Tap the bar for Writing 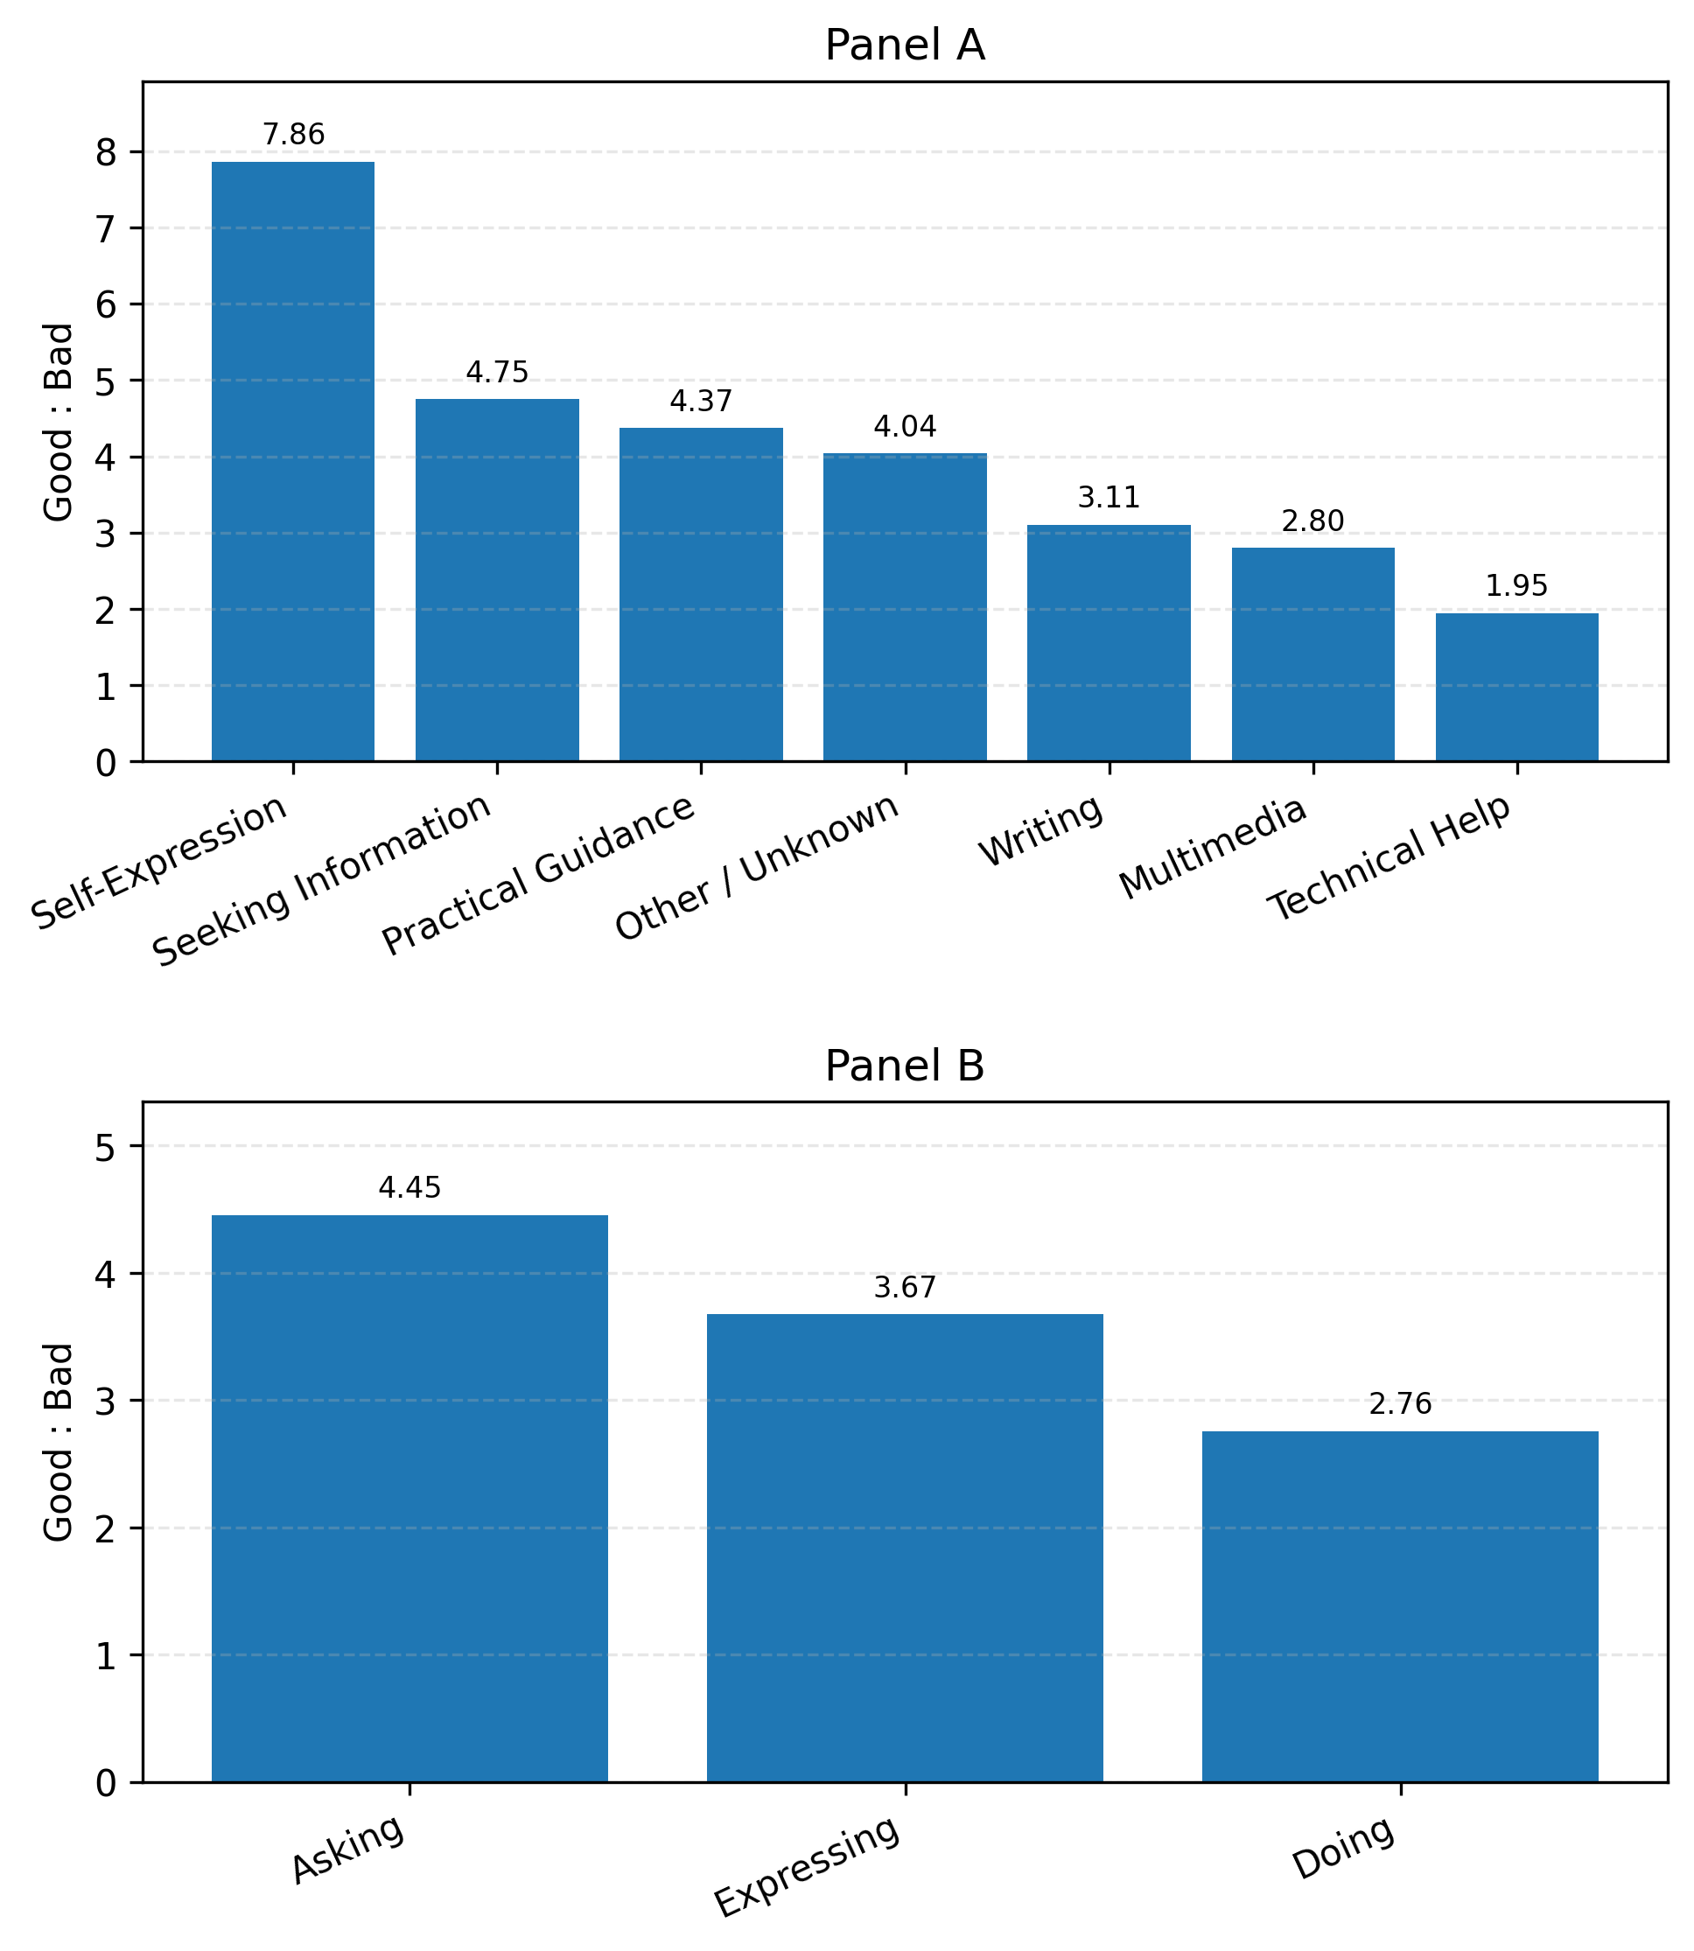coord(1109,643)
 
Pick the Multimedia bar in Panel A coord(1313,654)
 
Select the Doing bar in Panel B coord(1400,1606)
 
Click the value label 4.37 coord(701,402)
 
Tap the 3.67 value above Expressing coord(905,1288)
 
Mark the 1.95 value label coord(1516,586)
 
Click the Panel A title coord(905,45)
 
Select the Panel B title coord(905,1066)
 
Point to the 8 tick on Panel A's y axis coord(106,152)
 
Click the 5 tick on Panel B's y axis coord(106,1147)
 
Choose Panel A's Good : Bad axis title coord(59,422)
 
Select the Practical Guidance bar coord(701,595)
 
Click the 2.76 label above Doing coord(1400,1405)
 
